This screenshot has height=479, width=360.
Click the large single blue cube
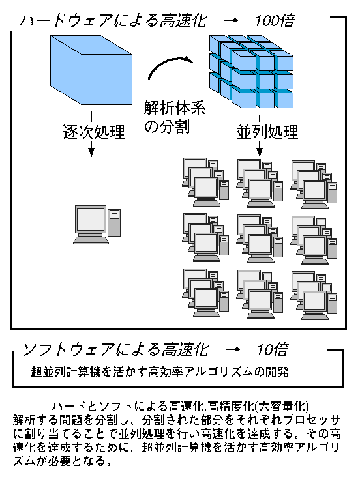pos(91,70)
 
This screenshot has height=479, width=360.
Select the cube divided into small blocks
pos(251,72)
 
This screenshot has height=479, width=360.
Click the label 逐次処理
pos(94,132)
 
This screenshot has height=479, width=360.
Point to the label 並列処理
pos(267,132)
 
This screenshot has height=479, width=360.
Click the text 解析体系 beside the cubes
pos(175,108)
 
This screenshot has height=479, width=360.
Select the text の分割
pos(167,126)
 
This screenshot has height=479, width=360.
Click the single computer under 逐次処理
pos(97,225)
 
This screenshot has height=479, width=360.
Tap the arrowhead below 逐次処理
pos(91,152)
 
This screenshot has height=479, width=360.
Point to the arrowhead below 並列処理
pos(260,152)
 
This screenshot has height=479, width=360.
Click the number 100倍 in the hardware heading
pos(275,21)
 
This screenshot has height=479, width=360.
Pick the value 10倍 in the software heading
pos(273,350)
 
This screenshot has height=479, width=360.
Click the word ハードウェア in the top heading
pos(66,22)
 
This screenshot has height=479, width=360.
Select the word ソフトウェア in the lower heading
pos(69,350)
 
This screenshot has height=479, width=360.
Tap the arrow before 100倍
pos(231,20)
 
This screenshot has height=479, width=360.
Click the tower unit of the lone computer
pos(114,223)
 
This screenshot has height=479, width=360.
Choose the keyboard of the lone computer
pos(91,240)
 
